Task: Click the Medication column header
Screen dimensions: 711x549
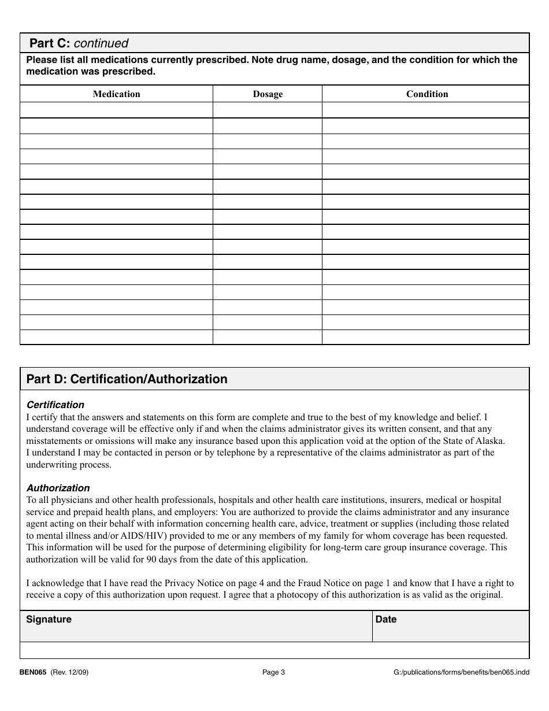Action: pos(116,94)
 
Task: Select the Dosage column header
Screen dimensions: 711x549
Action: pos(268,94)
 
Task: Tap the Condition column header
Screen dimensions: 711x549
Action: pos(426,94)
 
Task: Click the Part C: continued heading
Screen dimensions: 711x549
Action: pos(79,43)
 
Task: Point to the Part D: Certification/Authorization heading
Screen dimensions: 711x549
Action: pos(127,379)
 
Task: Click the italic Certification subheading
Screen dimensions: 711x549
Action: pos(55,405)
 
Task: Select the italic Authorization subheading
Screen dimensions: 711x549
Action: pos(58,488)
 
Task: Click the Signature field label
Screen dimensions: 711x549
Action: pos(49,619)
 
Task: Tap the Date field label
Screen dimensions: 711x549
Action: pos(386,619)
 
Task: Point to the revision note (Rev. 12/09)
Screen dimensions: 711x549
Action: pos(70,672)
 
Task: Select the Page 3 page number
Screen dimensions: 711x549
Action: pos(274,672)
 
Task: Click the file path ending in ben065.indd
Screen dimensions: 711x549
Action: pos(461,672)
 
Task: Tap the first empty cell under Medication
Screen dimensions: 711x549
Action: pos(116,110)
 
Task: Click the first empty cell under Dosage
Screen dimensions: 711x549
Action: pos(268,110)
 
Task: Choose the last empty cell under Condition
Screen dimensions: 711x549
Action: pos(425,337)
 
